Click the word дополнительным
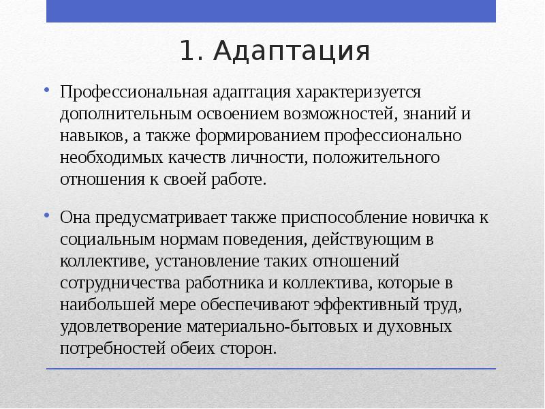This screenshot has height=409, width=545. tap(113, 113)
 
